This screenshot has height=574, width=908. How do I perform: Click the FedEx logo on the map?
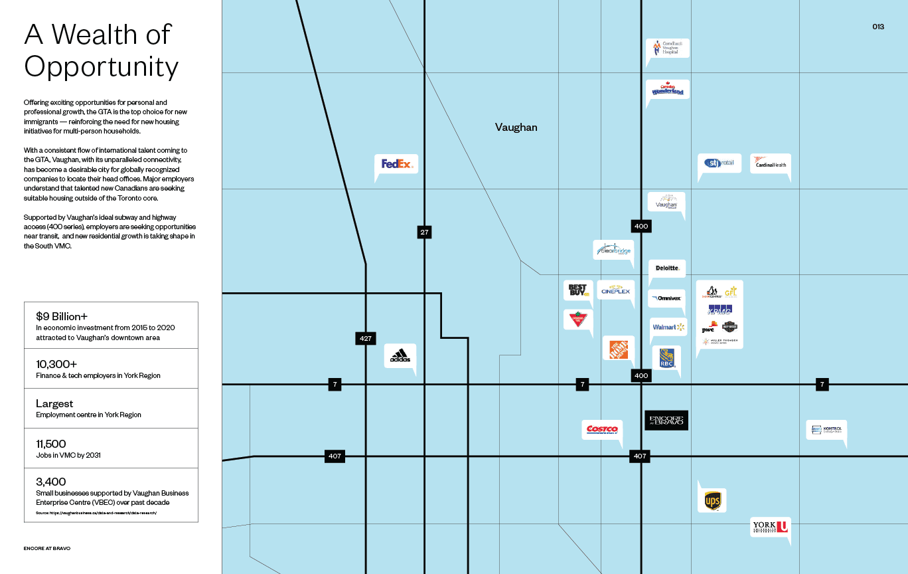[x=397, y=163]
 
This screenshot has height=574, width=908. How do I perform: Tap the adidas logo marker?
[x=400, y=356]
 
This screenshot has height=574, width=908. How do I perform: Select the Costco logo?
[x=602, y=430]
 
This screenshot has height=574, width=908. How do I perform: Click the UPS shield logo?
[x=712, y=501]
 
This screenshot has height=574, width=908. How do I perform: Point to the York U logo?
[x=770, y=527]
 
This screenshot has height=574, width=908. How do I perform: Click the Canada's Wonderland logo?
[x=667, y=89]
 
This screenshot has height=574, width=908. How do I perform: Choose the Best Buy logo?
[x=578, y=290]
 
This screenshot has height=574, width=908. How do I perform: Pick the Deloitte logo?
[x=667, y=268]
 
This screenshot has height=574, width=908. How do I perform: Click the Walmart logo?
[x=668, y=327]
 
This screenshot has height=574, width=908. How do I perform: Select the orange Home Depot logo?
[x=619, y=349]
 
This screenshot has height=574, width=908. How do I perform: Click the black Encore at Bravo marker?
[x=666, y=420]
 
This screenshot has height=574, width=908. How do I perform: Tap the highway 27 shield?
[x=424, y=232]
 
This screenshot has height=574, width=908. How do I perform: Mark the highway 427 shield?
[x=365, y=338]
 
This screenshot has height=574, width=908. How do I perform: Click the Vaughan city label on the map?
[x=516, y=128]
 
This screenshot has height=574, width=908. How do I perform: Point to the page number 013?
[x=877, y=27]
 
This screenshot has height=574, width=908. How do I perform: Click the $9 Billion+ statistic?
[x=62, y=316]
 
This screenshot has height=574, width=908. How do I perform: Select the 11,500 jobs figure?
[x=51, y=444]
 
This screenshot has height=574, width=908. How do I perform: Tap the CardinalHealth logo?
[x=771, y=163]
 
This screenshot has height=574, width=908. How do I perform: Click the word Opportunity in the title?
[x=102, y=67]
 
